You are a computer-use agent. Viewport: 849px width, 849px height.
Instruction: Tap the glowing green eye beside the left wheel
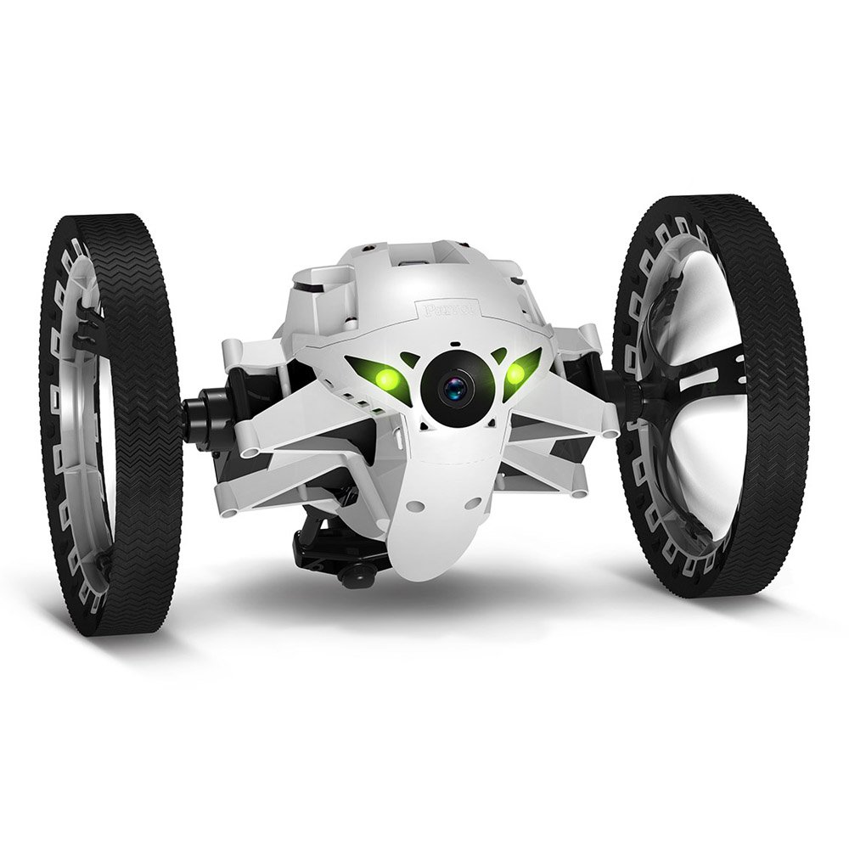pyautogui.click(x=387, y=378)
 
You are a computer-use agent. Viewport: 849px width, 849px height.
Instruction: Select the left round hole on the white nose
pyautogui.click(x=415, y=505)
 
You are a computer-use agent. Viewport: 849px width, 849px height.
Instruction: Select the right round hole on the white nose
pyautogui.click(x=473, y=503)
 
